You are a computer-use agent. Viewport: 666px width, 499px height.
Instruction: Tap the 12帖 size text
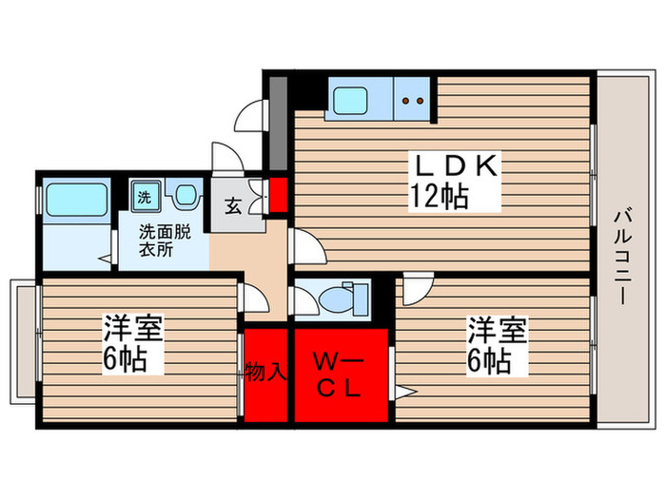point(439,197)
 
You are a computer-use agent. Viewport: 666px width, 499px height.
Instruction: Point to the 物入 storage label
point(265,372)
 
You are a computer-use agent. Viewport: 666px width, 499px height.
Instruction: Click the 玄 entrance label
point(232,203)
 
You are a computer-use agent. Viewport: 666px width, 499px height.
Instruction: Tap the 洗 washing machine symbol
point(145,198)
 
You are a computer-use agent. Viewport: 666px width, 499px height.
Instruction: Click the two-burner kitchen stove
point(413,97)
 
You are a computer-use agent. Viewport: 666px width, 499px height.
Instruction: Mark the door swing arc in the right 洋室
point(416,286)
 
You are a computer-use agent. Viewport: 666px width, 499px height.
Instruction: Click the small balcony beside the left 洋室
point(21,339)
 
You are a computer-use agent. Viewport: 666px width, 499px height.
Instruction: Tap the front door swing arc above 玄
point(228,157)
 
